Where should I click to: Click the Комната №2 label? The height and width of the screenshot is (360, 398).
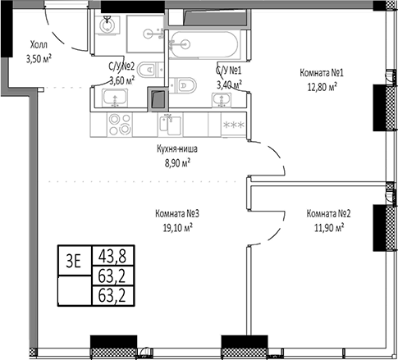click(x=328, y=215)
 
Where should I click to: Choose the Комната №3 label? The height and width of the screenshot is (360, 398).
click(x=177, y=215)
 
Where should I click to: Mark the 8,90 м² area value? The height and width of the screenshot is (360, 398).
click(x=176, y=162)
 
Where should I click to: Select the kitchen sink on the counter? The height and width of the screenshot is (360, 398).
click(x=173, y=125)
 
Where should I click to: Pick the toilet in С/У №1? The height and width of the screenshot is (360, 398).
click(x=185, y=83)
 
